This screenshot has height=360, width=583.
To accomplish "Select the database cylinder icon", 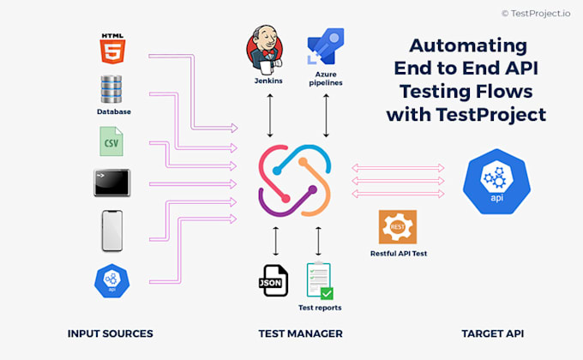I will pyautogui.click(x=112, y=90).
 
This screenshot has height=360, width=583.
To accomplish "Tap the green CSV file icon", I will pyautogui.click(x=111, y=141).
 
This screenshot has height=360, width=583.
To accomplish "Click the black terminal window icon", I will pyautogui.click(x=111, y=183).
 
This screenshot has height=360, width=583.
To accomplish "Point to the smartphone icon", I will pyautogui.click(x=112, y=231).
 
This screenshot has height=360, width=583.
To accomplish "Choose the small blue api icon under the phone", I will pyautogui.click(x=111, y=279).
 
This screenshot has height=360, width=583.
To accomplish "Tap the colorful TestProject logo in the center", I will pyautogui.click(x=295, y=180).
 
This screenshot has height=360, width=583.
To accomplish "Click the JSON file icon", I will pyautogui.click(x=274, y=280).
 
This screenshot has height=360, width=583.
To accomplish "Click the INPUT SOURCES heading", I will pyautogui.click(x=110, y=333).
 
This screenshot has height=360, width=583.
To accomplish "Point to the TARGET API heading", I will pyautogui.click(x=492, y=333).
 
